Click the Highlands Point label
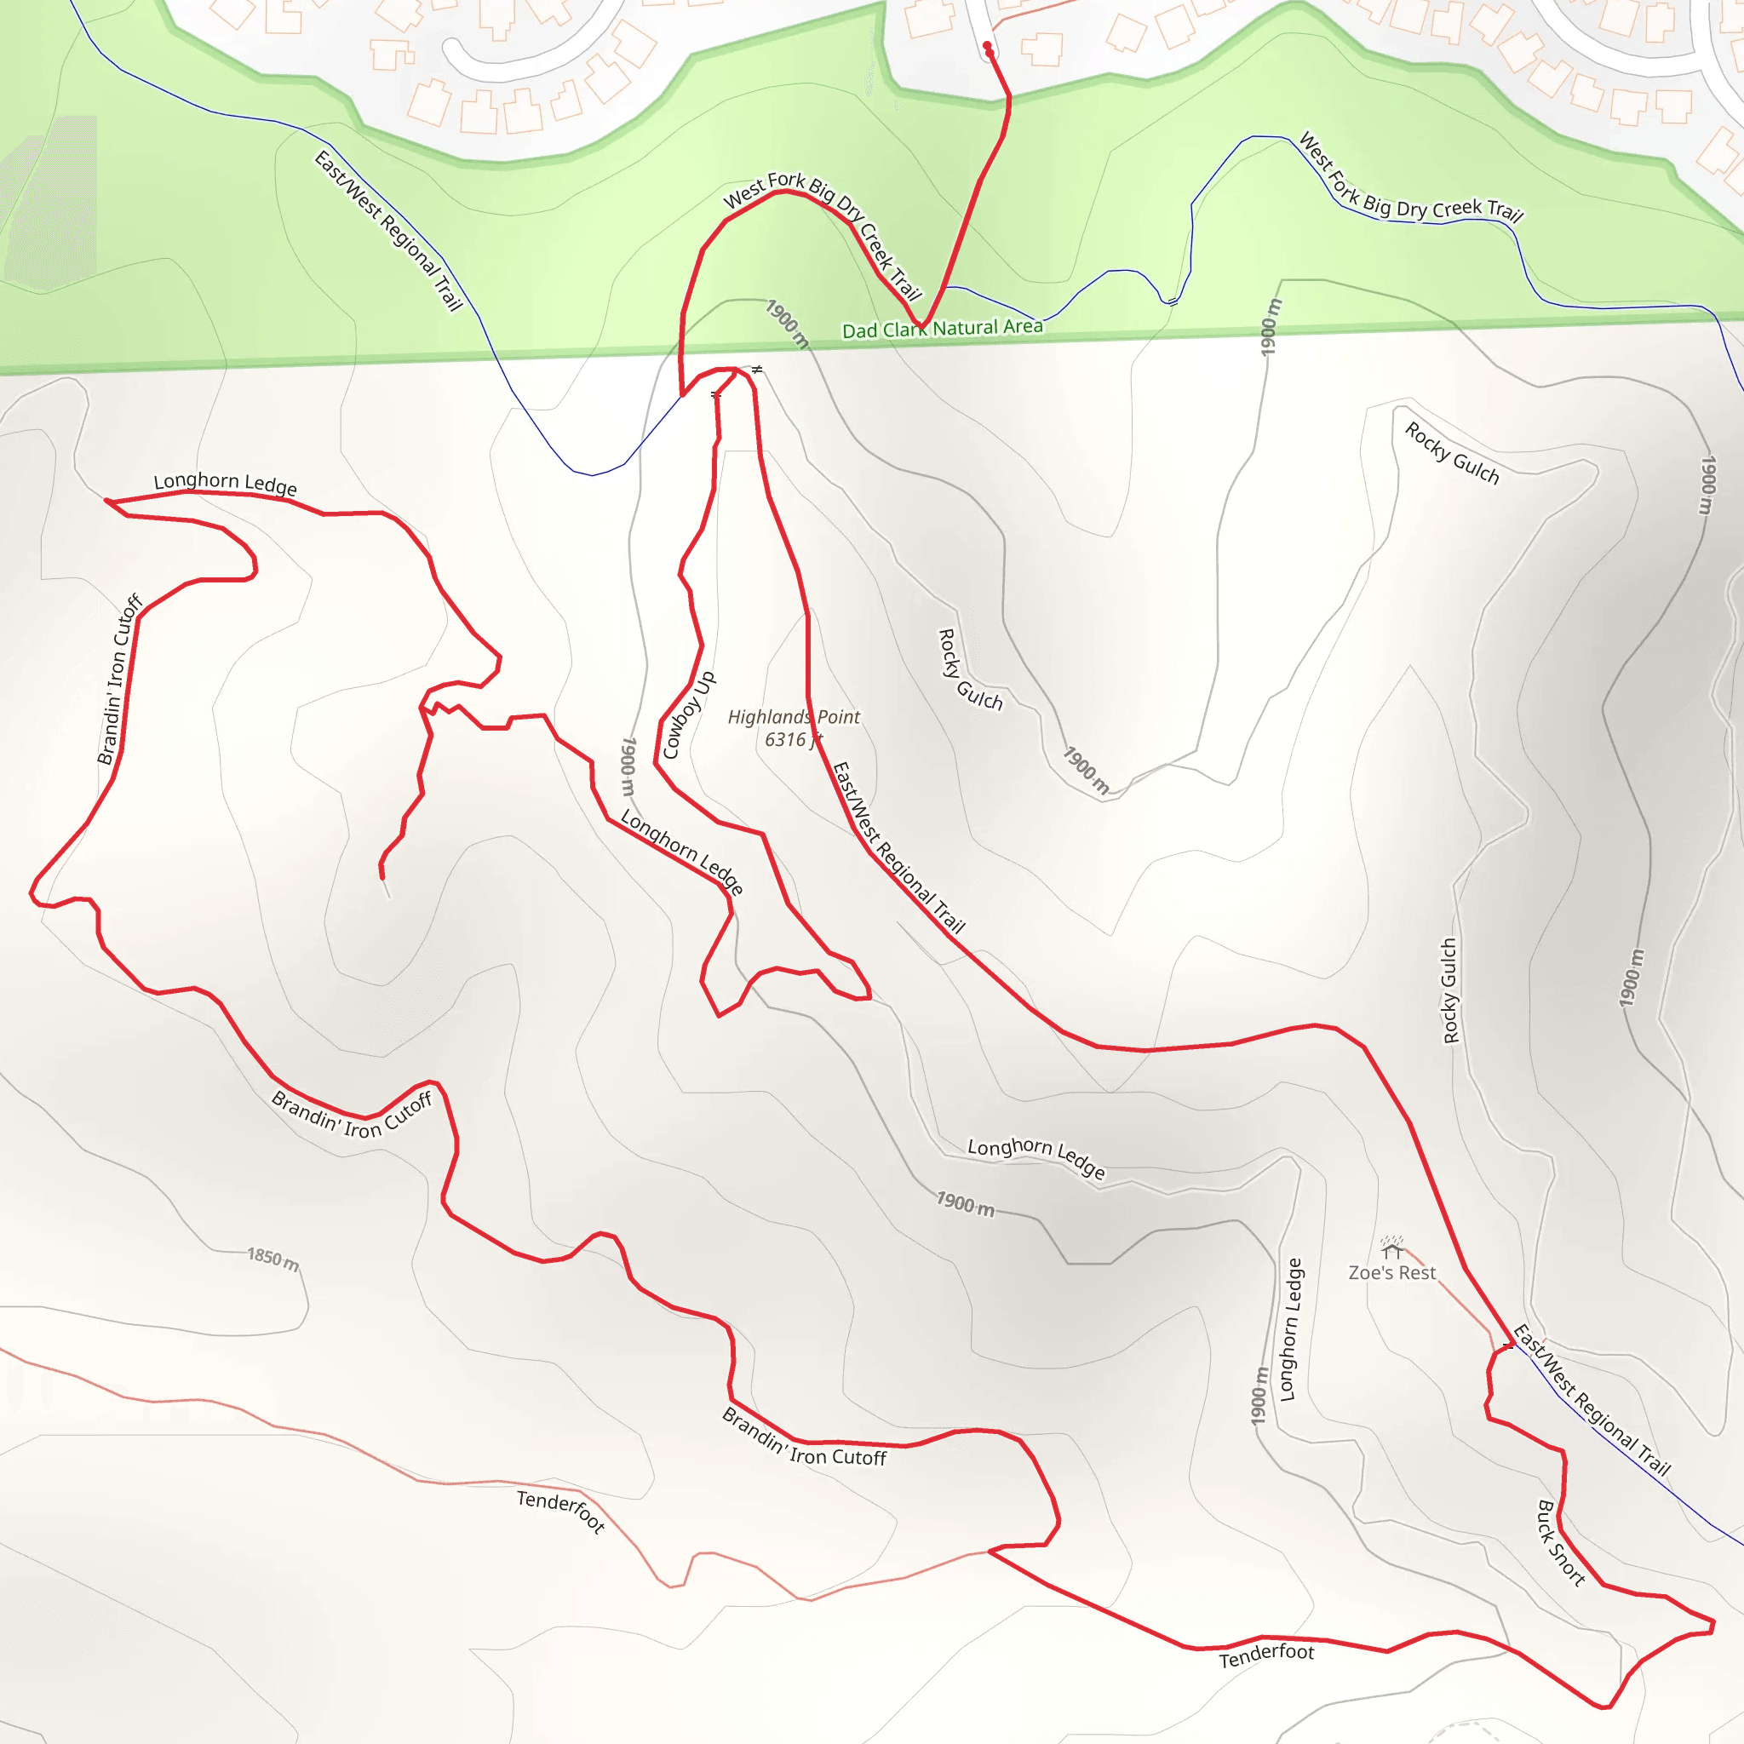(794, 717)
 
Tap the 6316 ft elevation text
(792, 739)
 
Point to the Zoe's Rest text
(1392, 1273)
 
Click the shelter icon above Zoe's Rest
(1392, 1248)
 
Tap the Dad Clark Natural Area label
(942, 329)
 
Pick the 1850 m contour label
(272, 1258)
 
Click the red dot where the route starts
(987, 46)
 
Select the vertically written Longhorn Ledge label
(1292, 1328)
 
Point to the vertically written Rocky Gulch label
(1449, 991)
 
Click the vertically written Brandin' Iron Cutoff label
(120, 679)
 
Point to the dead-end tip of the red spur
(381, 875)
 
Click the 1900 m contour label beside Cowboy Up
(628, 766)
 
